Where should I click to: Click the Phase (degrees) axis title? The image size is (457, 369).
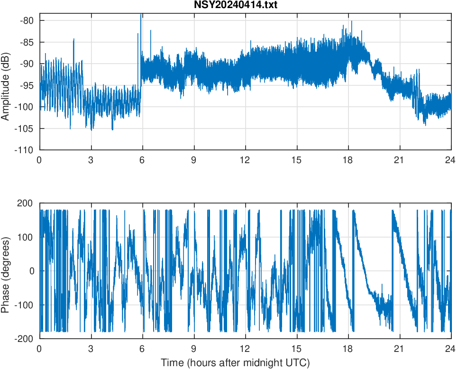pos(6,271)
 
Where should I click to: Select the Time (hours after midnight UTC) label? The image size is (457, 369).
pos(235,363)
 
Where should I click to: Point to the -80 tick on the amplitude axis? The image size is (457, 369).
pos(28,20)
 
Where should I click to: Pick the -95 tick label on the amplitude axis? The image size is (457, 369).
pos(28,85)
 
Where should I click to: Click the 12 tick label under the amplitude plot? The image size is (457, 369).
pos(245,160)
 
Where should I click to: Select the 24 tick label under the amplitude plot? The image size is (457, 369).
pos(450,160)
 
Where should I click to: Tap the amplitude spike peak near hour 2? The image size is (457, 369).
pos(74,39)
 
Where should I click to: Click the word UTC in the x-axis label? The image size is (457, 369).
pos(300,363)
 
